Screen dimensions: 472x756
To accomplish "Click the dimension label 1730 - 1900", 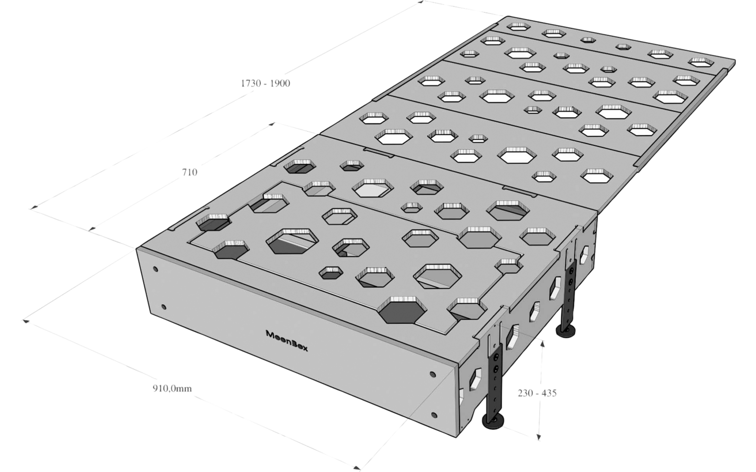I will coord(265,84).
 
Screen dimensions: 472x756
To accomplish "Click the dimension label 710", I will coord(189,172).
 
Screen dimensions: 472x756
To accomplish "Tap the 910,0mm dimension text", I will coord(172,388).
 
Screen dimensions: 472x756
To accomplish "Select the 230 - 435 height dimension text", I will coord(537,393).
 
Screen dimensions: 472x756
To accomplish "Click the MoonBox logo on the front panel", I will coord(287,341).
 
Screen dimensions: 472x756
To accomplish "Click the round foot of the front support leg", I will coord(493,421).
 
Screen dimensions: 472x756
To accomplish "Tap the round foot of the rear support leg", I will coord(566,330).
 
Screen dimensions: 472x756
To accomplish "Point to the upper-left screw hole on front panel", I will coord(155,270).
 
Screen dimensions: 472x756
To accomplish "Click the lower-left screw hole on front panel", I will coord(163,307).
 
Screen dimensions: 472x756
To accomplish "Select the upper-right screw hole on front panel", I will coord(432,375).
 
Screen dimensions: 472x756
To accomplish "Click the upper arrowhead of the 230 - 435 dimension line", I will coord(542,343).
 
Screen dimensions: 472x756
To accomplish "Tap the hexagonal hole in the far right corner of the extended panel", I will coord(701,62).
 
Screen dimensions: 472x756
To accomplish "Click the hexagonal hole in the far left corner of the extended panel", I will coord(518,26).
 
